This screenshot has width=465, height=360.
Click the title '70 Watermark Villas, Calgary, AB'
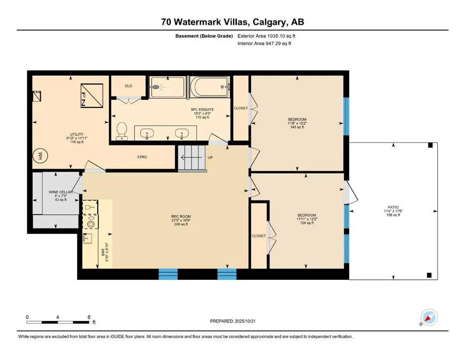pyautogui.click(x=232, y=22)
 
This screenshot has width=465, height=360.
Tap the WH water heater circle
pyautogui.click(x=41, y=157)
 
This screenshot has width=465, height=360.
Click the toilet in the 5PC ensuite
pyautogui.click(x=122, y=131)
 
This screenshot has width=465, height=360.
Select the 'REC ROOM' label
pyautogui.click(x=180, y=217)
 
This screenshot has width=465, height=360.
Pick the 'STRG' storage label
pyautogui.click(x=142, y=157)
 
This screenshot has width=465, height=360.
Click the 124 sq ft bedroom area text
pyautogui.click(x=305, y=223)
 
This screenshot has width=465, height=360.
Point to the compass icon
pyautogui.click(x=429, y=318)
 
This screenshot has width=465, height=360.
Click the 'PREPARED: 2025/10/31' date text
pyautogui.click(x=232, y=321)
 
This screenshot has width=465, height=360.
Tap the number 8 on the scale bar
pyautogui.click(x=89, y=317)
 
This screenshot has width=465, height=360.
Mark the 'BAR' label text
pyautogui.click(x=103, y=251)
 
